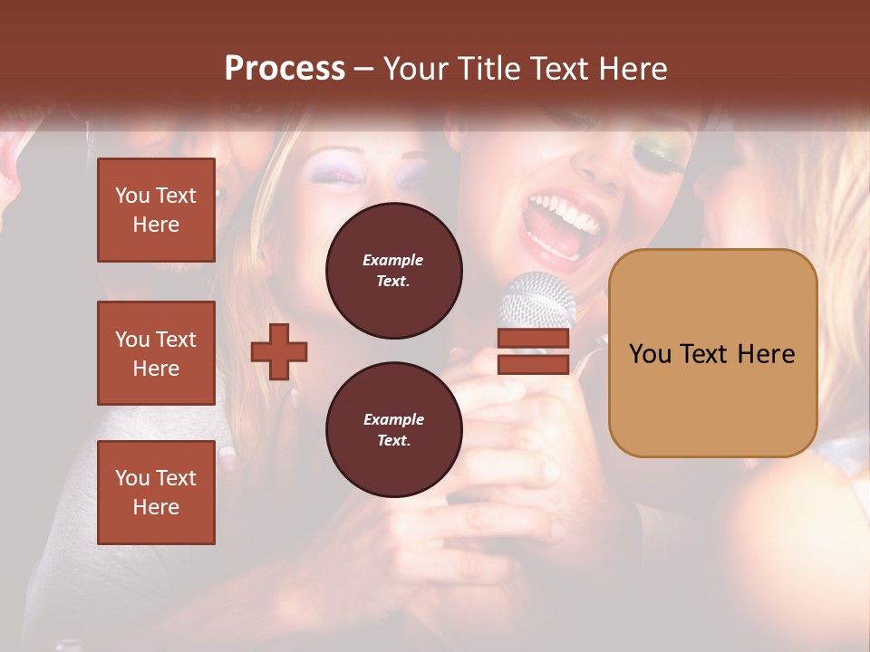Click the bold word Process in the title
tap(285, 69)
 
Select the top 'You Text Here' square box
tap(156, 210)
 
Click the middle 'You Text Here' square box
tap(156, 353)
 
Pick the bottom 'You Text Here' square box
tap(156, 493)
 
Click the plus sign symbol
tap(279, 351)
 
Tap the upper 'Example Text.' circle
tap(393, 271)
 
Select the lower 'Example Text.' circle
tap(393, 430)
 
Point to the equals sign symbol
tap(533, 351)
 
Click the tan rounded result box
tap(712, 353)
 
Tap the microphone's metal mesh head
tap(538, 299)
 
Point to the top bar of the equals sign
tap(533, 339)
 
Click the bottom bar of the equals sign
tap(533, 364)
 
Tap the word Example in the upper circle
tap(393, 261)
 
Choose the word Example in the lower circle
tap(393, 420)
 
